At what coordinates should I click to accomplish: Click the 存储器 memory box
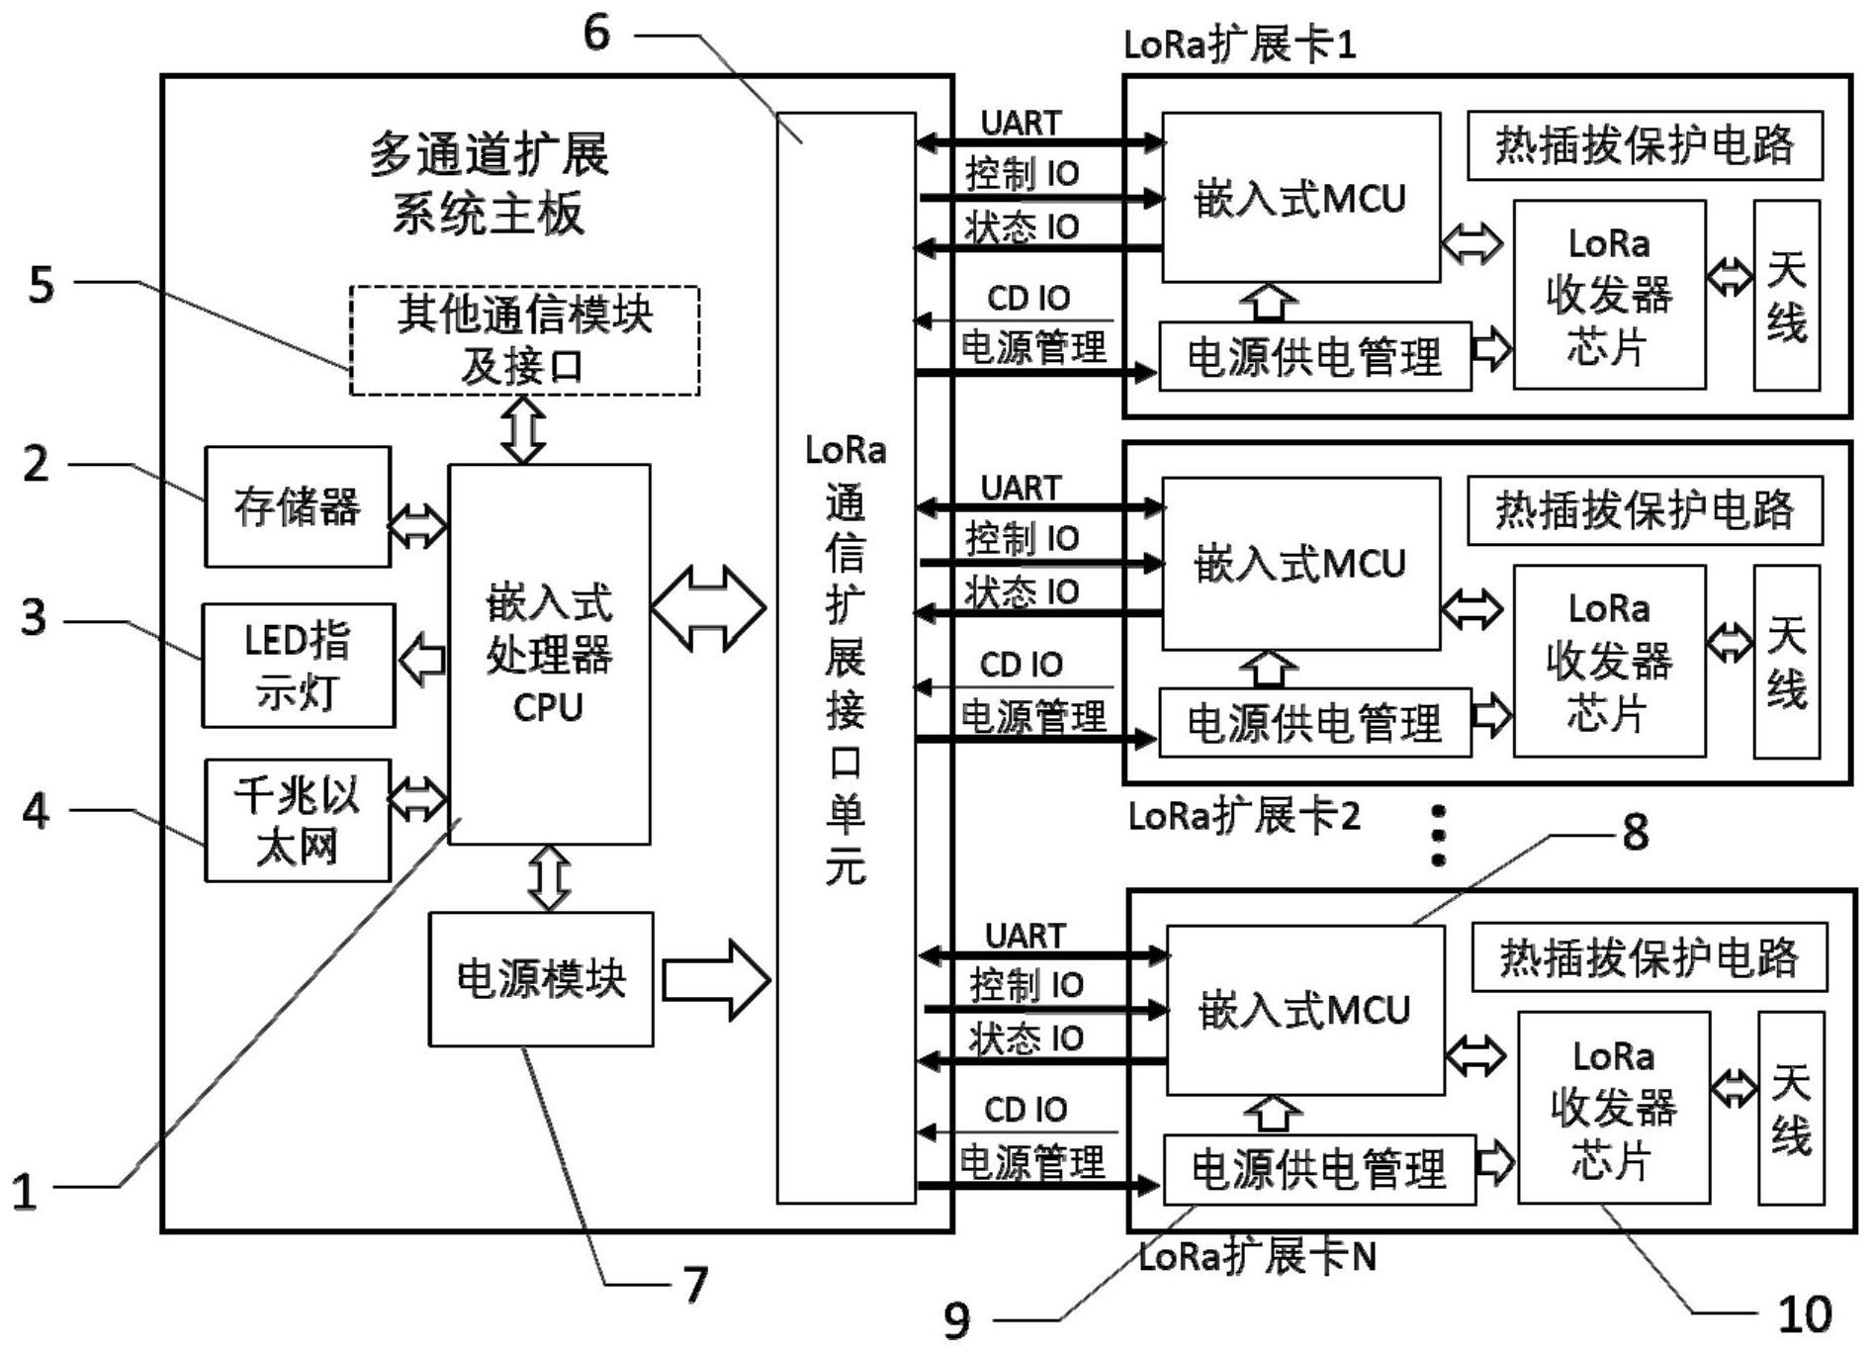click(x=297, y=506)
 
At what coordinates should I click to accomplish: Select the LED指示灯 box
click(x=298, y=666)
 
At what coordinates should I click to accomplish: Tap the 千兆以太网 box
click(x=297, y=821)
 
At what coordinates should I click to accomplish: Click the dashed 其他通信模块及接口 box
click(x=524, y=340)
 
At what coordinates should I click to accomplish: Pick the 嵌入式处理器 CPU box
click(x=549, y=654)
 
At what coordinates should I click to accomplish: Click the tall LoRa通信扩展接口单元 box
click(x=846, y=658)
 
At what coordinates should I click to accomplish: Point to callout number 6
click(x=596, y=32)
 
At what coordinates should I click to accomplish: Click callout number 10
click(x=1804, y=1315)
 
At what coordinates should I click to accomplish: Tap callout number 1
click(x=25, y=1190)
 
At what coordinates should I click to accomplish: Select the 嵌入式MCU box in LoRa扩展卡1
click(x=1299, y=198)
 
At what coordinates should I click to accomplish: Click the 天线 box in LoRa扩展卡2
click(x=1786, y=662)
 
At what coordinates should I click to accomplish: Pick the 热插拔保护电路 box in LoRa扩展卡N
click(x=1649, y=957)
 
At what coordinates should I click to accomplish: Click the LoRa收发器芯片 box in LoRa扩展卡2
click(x=1609, y=661)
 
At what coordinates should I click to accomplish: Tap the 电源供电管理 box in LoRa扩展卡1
click(x=1313, y=356)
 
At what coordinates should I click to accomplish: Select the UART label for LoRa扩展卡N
click(x=1025, y=936)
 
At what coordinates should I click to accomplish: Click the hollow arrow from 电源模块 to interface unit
click(x=715, y=980)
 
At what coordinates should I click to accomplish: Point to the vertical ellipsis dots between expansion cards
click(x=1439, y=836)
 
